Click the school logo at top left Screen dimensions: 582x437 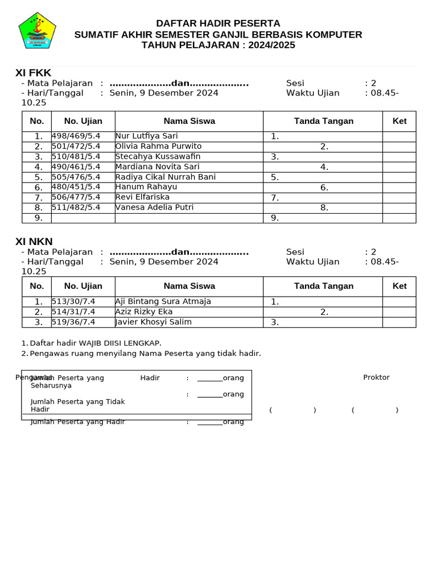point(37,31)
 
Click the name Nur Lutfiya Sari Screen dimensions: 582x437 point(146,136)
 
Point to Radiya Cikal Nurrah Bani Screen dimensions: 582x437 point(165,177)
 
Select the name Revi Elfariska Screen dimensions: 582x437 point(142,197)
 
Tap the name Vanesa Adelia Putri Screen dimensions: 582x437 point(154,207)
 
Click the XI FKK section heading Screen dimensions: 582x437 point(33,73)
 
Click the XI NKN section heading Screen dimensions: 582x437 point(34,242)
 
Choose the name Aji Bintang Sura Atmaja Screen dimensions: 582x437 point(163,301)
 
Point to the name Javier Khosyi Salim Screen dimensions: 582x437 point(153,322)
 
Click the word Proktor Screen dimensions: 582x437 point(376,377)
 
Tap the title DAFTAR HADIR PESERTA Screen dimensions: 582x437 point(218,23)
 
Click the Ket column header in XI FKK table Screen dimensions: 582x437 point(399,121)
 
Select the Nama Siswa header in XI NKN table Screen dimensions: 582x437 point(189,286)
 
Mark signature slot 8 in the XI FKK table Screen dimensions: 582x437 point(324,208)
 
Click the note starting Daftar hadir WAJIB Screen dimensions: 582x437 point(96,343)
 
